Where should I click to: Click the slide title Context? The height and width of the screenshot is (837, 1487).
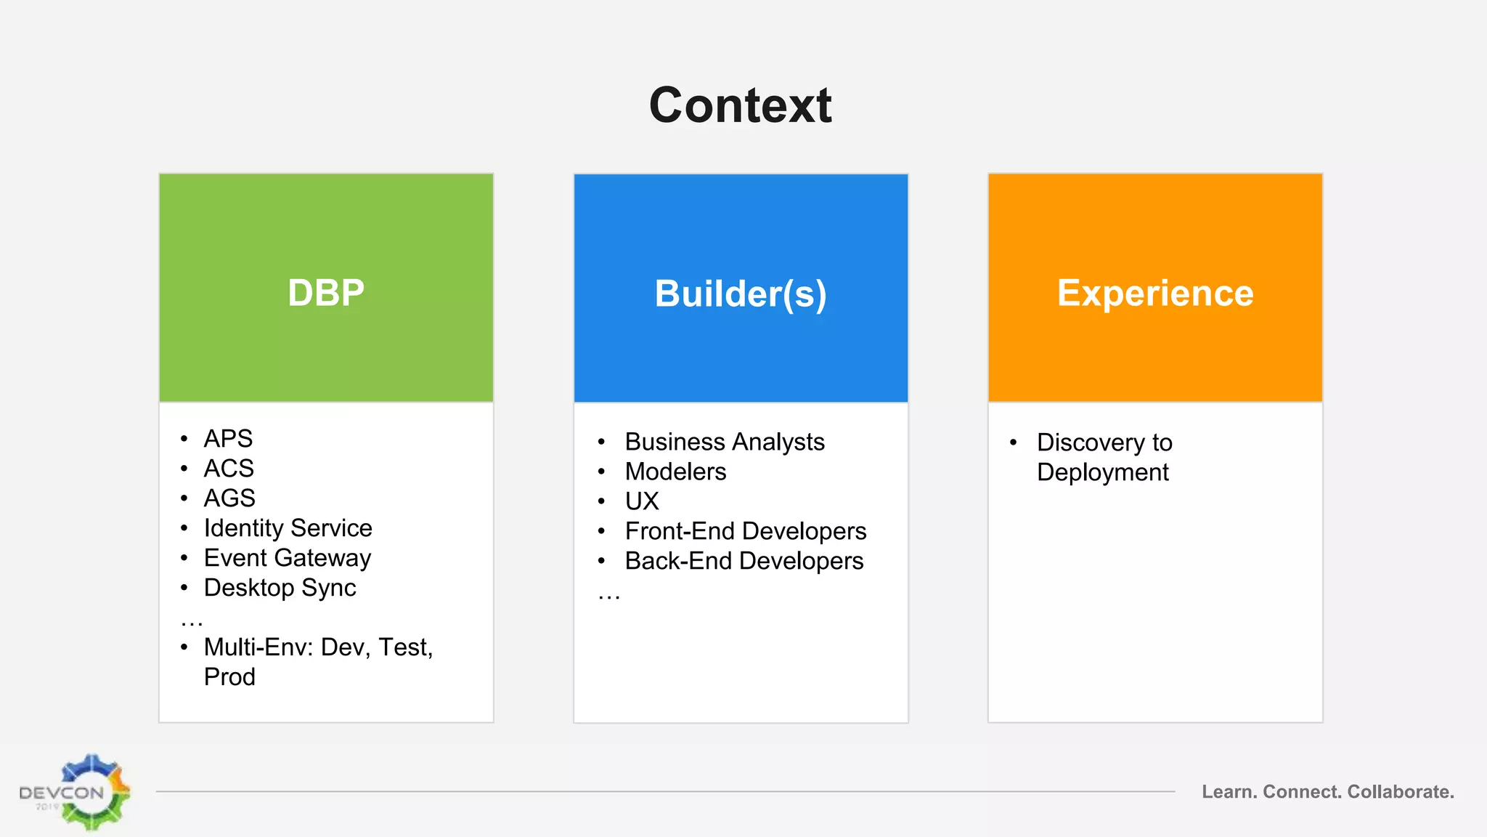point(740,105)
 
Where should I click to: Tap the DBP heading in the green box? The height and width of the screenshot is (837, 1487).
point(326,293)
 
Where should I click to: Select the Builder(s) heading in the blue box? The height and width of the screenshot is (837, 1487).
point(741,294)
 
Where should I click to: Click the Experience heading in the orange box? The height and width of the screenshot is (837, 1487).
point(1155,293)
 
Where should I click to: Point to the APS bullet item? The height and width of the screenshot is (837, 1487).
point(228,439)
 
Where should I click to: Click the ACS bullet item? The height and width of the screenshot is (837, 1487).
point(229,469)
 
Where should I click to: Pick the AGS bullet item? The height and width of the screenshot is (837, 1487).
point(229,498)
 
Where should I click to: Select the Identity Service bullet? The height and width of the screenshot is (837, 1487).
point(288,528)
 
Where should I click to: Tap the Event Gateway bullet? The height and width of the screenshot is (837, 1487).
point(288,558)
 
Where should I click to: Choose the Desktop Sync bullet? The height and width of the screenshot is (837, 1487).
point(280,588)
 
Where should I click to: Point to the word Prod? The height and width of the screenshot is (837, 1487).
point(229,677)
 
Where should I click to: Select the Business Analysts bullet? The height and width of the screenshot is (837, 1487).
point(725,442)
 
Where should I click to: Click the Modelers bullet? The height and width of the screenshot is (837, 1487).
point(675,472)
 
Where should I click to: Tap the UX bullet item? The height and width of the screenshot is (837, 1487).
point(642,501)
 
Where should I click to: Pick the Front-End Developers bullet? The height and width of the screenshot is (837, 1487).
point(746,531)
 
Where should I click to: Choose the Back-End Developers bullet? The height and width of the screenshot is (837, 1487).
point(744,561)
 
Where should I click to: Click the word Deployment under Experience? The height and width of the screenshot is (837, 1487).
point(1102,472)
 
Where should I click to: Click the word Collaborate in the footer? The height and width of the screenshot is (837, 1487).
point(1400,792)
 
